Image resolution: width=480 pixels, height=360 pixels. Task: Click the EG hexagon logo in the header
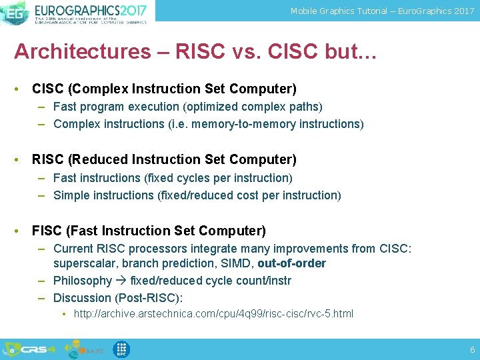[15, 12]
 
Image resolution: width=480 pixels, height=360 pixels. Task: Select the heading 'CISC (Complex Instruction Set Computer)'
[164, 89]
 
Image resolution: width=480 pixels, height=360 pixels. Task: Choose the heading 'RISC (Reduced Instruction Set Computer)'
[164, 159]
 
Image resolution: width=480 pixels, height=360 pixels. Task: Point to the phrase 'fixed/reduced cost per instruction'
[249, 195]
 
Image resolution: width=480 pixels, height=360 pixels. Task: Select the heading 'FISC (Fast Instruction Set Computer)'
[149, 231]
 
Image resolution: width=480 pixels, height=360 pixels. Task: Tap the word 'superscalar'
[83, 263]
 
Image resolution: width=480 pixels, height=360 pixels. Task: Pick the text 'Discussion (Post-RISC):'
[118, 298]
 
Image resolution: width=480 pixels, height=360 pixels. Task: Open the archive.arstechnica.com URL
[213, 313]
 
